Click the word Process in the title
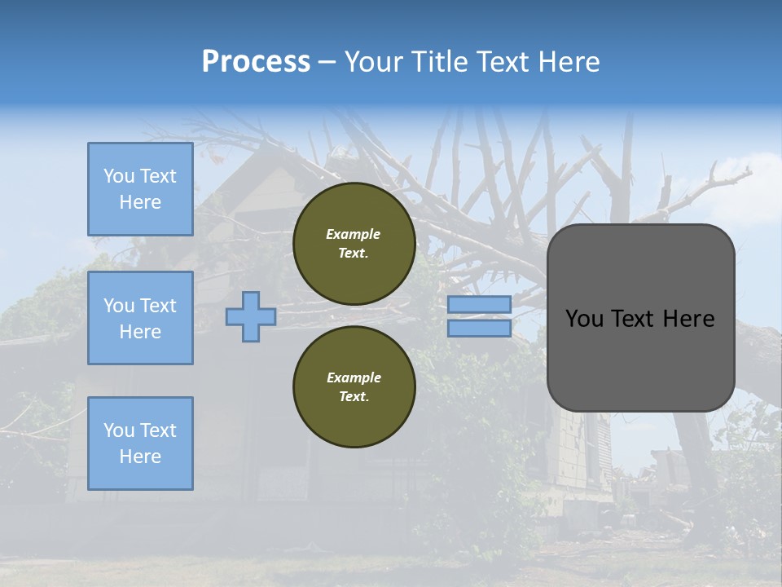[x=256, y=62]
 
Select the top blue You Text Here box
[x=140, y=189]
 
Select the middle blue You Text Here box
[x=140, y=318]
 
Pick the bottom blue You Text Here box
[x=140, y=444]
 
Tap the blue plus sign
[x=250, y=317]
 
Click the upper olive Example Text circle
[x=354, y=244]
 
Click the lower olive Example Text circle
[x=354, y=387]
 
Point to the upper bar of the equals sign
[x=479, y=304]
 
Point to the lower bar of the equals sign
[x=479, y=329]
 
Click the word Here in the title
[x=570, y=62]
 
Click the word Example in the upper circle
[x=354, y=234]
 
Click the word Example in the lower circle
[x=354, y=377]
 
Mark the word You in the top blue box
[x=119, y=176]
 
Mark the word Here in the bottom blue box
[x=140, y=457]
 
